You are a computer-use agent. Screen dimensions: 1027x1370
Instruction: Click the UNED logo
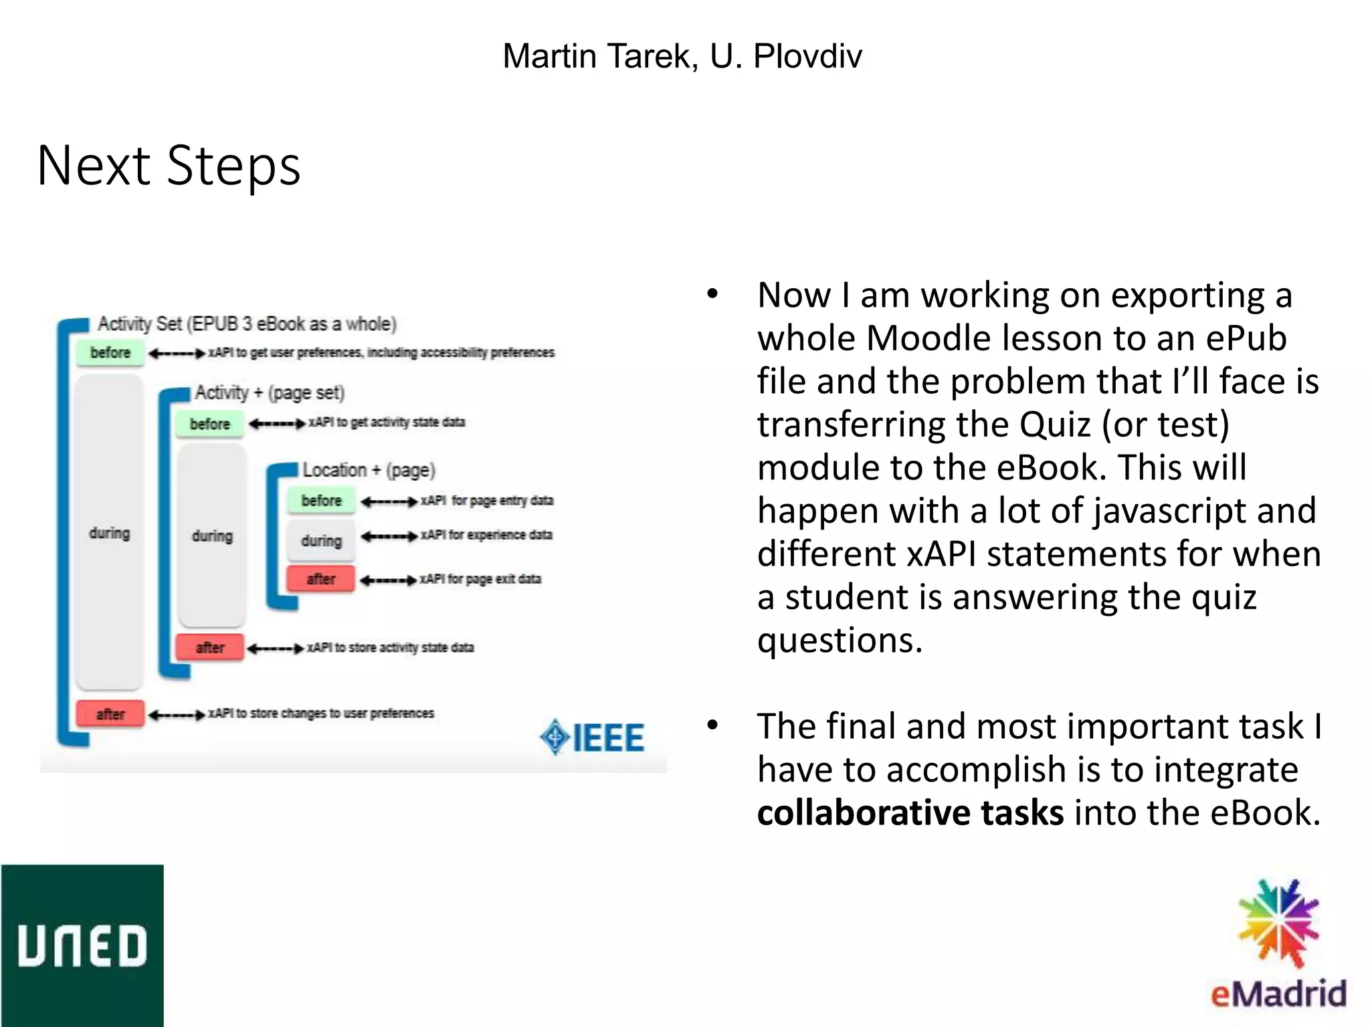82,945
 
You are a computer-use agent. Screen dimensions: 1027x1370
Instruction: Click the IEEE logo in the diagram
593,737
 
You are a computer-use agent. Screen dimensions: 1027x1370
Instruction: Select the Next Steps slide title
169,165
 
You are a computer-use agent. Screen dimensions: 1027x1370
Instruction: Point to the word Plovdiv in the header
807,56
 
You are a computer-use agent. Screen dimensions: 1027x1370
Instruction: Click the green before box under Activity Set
110,352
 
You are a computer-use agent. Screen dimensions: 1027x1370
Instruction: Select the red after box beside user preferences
110,713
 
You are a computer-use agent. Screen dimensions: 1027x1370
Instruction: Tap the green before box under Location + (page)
321,500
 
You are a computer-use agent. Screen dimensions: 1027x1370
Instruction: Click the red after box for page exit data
321,578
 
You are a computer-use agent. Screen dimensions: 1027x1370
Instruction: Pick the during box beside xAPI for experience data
321,540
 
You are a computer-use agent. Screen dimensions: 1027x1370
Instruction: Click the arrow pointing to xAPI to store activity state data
276,648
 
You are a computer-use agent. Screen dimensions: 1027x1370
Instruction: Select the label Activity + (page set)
270,392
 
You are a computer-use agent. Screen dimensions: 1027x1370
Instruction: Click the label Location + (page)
369,470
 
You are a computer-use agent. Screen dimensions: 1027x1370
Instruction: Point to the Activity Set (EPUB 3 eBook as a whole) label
247,324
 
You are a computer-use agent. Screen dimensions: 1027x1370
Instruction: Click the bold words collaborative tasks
910,813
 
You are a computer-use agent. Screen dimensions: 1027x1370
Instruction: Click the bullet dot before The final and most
712,725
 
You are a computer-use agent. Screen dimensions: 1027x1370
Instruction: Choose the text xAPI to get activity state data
387,423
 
